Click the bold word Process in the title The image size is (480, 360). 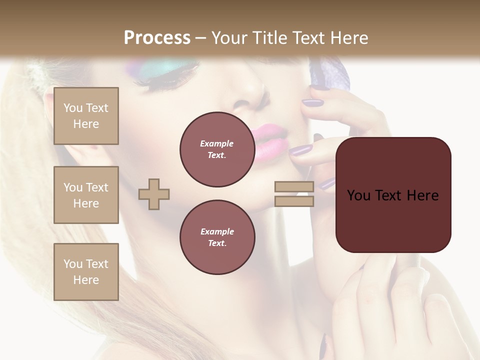click(157, 37)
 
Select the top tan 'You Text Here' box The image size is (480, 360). click(86, 116)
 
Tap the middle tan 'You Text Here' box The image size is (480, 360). click(86, 195)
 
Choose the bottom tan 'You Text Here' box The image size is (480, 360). click(86, 272)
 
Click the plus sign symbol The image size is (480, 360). click(154, 194)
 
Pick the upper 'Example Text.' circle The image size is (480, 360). click(217, 149)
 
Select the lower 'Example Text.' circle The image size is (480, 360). click(217, 237)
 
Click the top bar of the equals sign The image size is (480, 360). click(294, 186)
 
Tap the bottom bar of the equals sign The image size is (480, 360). click(294, 201)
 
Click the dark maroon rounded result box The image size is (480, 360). click(393, 194)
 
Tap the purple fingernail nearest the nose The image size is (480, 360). click(312, 102)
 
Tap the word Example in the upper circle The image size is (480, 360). click(217, 144)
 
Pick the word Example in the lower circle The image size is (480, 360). click(217, 232)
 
